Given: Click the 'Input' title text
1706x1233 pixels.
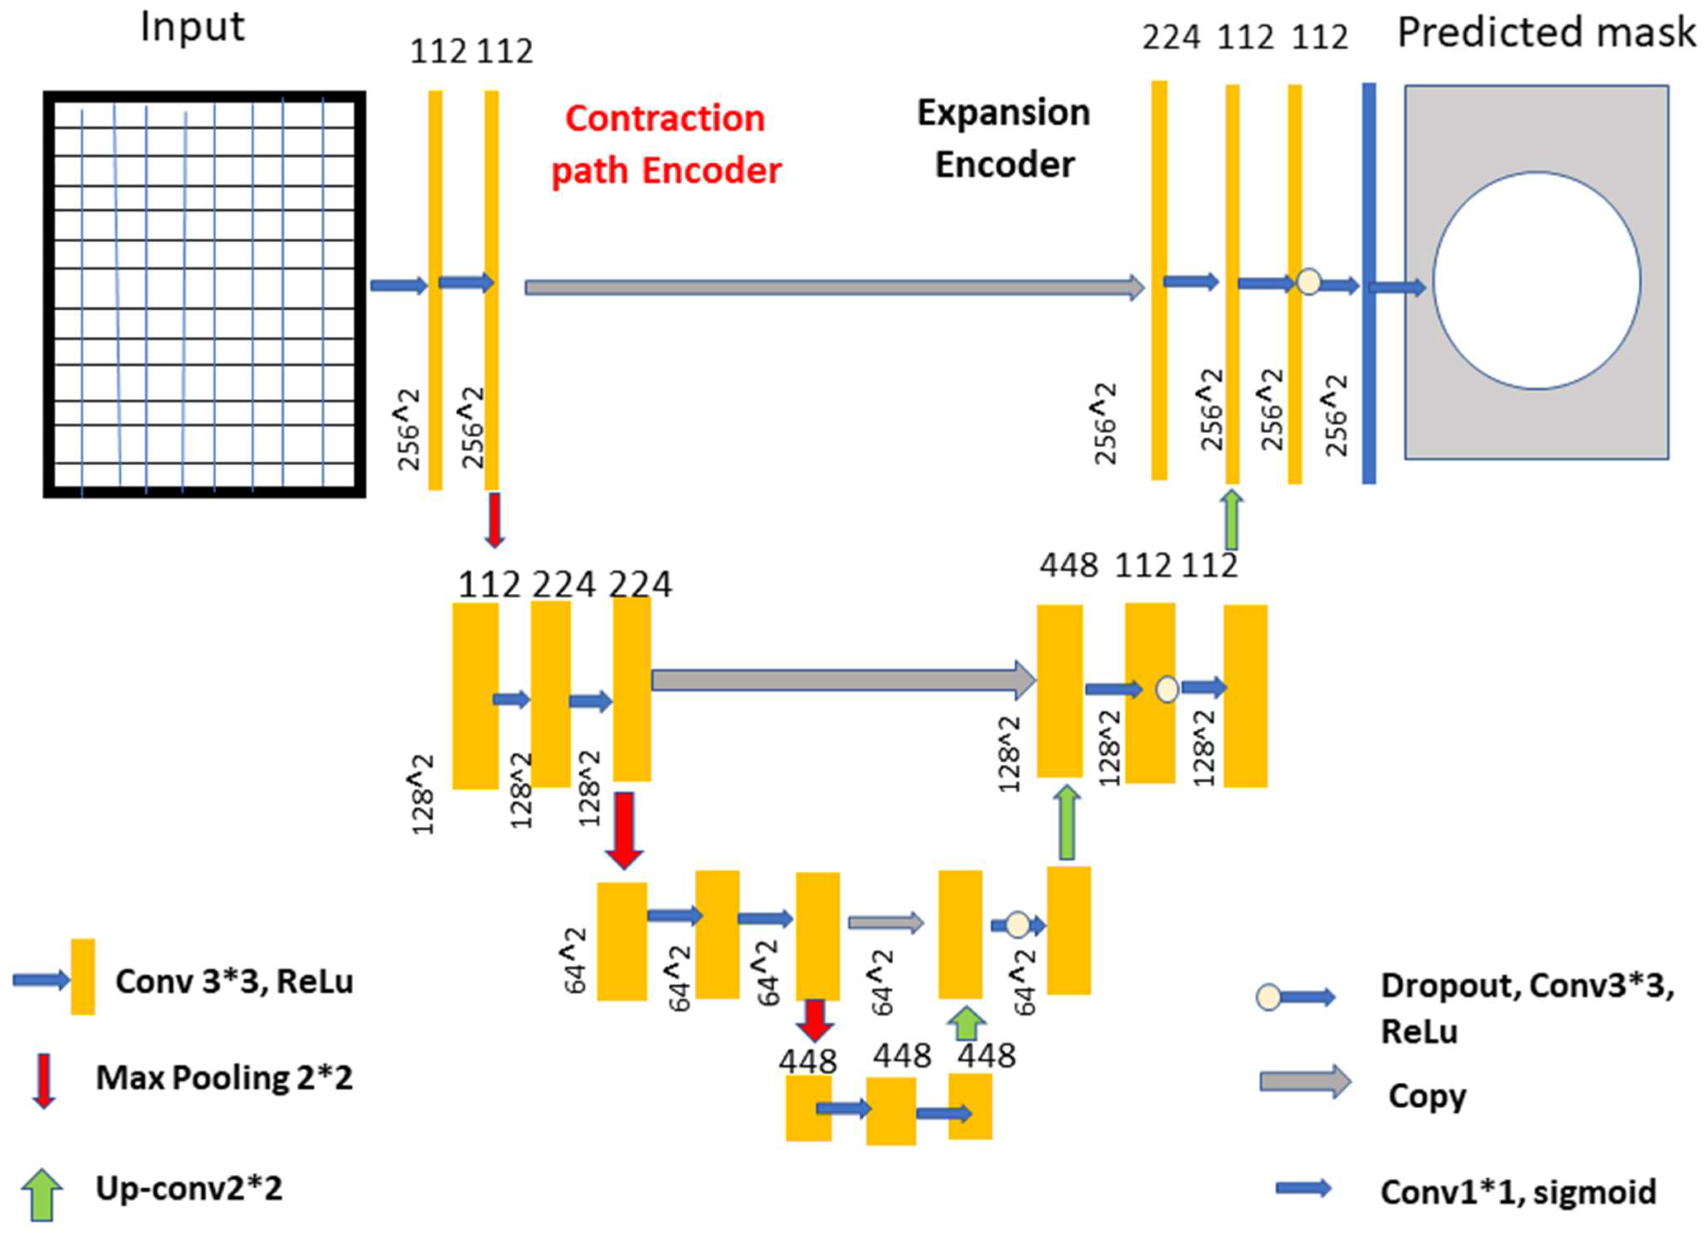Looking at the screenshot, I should [x=193, y=28].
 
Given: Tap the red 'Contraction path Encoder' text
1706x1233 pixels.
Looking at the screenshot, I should [x=666, y=145].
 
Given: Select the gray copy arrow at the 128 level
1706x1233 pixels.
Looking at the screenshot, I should [x=842, y=680].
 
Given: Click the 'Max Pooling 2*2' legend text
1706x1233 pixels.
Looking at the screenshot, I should [x=224, y=1078].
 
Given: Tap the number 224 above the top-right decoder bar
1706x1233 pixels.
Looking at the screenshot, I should [x=1171, y=38].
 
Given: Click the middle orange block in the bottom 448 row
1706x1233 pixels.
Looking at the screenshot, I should [x=891, y=1110].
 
